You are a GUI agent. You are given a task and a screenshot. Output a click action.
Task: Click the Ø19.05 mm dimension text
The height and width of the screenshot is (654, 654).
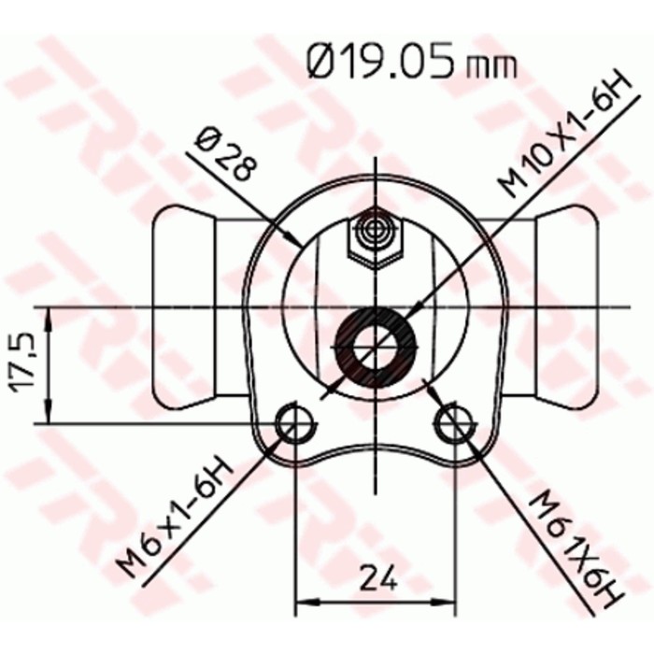(x=410, y=64)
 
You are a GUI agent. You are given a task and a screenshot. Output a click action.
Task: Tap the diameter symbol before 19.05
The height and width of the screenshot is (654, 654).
(x=323, y=64)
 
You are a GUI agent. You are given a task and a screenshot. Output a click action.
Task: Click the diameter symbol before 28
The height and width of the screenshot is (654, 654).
(x=208, y=140)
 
